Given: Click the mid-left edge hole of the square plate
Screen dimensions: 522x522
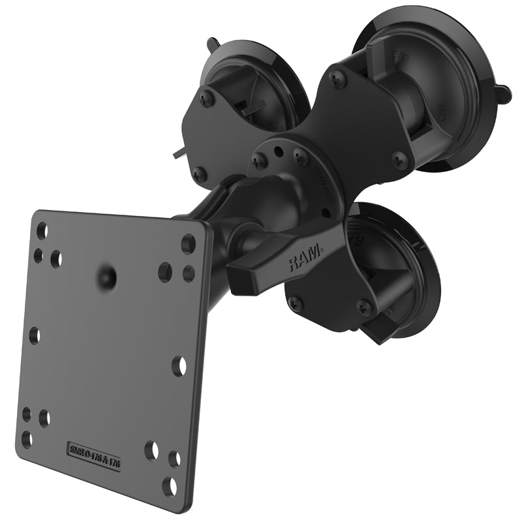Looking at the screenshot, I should pyautogui.click(x=35, y=335).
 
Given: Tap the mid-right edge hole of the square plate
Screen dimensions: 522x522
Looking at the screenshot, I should pyautogui.click(x=178, y=365).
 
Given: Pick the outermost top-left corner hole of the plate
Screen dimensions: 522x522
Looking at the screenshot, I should pyautogui.click(x=42, y=230).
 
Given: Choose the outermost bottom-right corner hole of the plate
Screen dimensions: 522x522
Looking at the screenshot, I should pyautogui.click(x=170, y=485).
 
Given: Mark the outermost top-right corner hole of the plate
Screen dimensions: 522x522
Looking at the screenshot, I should pyautogui.click(x=188, y=243).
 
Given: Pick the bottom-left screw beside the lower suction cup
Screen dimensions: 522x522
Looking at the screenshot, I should pyautogui.click(x=295, y=302).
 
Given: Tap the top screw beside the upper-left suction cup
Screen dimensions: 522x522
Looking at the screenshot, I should pyautogui.click(x=207, y=99).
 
